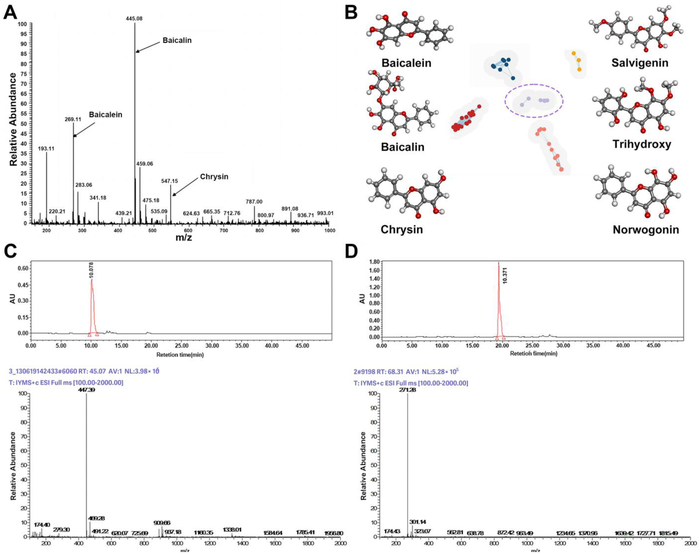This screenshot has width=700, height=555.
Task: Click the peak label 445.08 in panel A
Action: click(x=134, y=18)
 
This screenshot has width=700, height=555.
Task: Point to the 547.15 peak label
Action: click(x=169, y=181)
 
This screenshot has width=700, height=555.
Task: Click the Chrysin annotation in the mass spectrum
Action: click(x=214, y=177)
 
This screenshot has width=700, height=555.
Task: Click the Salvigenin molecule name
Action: click(x=640, y=63)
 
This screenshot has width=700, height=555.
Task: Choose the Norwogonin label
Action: click(x=645, y=230)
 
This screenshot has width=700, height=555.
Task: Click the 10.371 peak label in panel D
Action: click(x=504, y=276)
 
